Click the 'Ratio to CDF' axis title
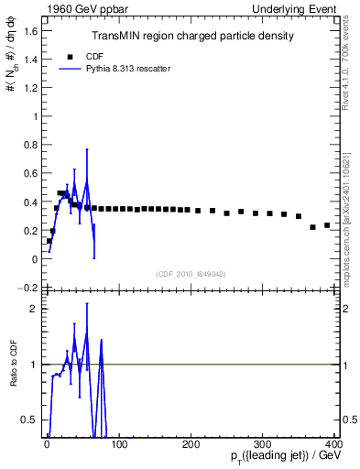[12, 365]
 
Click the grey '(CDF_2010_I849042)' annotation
[191, 273]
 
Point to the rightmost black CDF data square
[327, 224]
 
